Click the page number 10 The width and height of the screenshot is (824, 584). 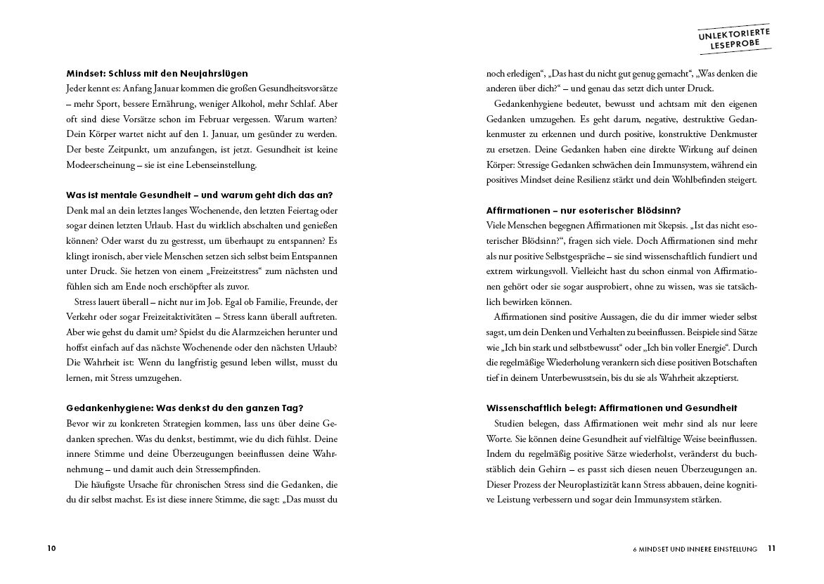coord(51,548)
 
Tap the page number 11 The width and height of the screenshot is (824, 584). coord(771,548)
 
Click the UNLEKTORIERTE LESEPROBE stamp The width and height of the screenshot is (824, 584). coord(734,39)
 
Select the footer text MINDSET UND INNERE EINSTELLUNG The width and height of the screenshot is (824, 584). coord(694,549)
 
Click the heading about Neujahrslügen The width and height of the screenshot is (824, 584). coord(157,73)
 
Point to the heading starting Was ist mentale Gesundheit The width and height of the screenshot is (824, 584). coord(199,195)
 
